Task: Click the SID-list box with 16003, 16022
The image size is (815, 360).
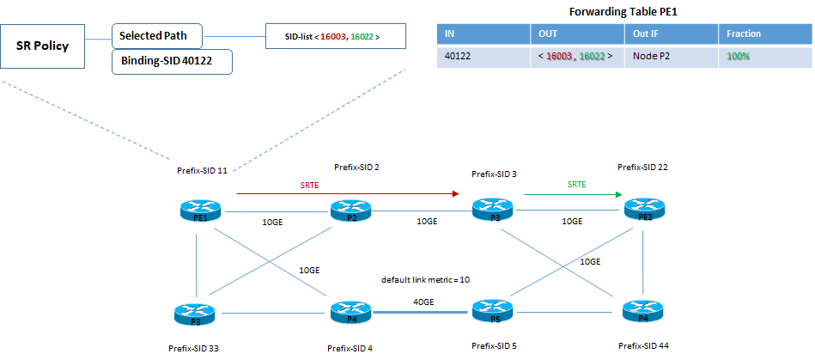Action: click(x=332, y=38)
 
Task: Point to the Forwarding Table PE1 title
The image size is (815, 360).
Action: click(x=624, y=12)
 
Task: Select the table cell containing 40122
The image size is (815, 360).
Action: click(x=484, y=56)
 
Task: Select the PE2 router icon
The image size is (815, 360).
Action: click(x=643, y=208)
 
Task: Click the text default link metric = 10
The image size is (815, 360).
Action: click(x=424, y=280)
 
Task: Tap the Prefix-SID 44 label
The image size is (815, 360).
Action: click(x=643, y=345)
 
